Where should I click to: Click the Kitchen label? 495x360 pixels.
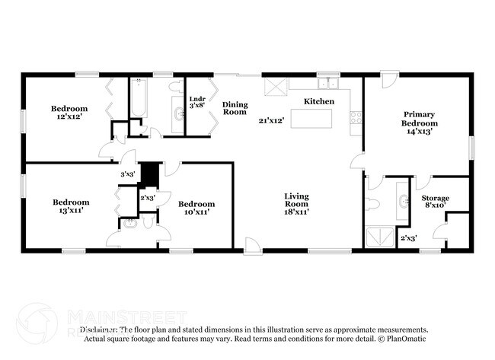tap(319, 101)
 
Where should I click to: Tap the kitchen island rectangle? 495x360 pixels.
tap(315, 119)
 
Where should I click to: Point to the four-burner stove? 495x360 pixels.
tap(355, 117)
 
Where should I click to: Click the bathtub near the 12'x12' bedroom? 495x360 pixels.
tap(138, 100)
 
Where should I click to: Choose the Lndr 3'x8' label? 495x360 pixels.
tap(197, 101)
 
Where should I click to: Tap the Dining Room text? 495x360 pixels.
tap(235, 108)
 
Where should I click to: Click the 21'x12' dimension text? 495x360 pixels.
tap(270, 120)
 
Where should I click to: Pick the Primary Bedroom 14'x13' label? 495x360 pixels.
tap(420, 123)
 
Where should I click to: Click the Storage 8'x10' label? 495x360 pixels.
tap(436, 202)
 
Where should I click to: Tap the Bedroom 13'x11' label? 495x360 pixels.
tap(71, 205)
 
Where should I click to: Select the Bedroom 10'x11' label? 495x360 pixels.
tap(196, 208)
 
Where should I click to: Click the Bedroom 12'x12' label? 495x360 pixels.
tap(69, 113)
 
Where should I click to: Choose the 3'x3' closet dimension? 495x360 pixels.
tap(128, 174)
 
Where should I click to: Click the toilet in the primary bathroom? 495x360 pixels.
tap(374, 202)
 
